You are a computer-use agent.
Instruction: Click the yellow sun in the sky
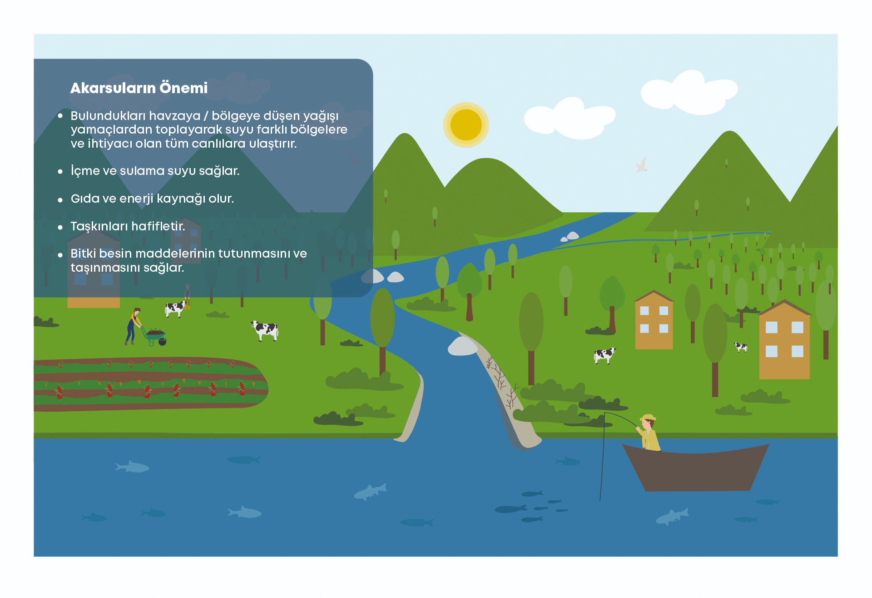tap(466, 125)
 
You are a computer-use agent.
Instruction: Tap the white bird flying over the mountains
tap(642, 165)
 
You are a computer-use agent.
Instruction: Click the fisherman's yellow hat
tap(648, 418)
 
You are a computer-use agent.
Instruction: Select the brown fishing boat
tap(695, 468)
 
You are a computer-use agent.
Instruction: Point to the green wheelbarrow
tap(154, 337)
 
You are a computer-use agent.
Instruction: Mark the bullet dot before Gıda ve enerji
tap(60, 200)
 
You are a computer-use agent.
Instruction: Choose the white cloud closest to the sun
tap(570, 119)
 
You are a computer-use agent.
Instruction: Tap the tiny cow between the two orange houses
tap(741, 347)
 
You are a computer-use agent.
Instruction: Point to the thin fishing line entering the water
tap(602, 457)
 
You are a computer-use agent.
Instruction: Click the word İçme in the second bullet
tap(85, 171)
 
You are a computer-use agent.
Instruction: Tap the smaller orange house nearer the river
tap(654, 320)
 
